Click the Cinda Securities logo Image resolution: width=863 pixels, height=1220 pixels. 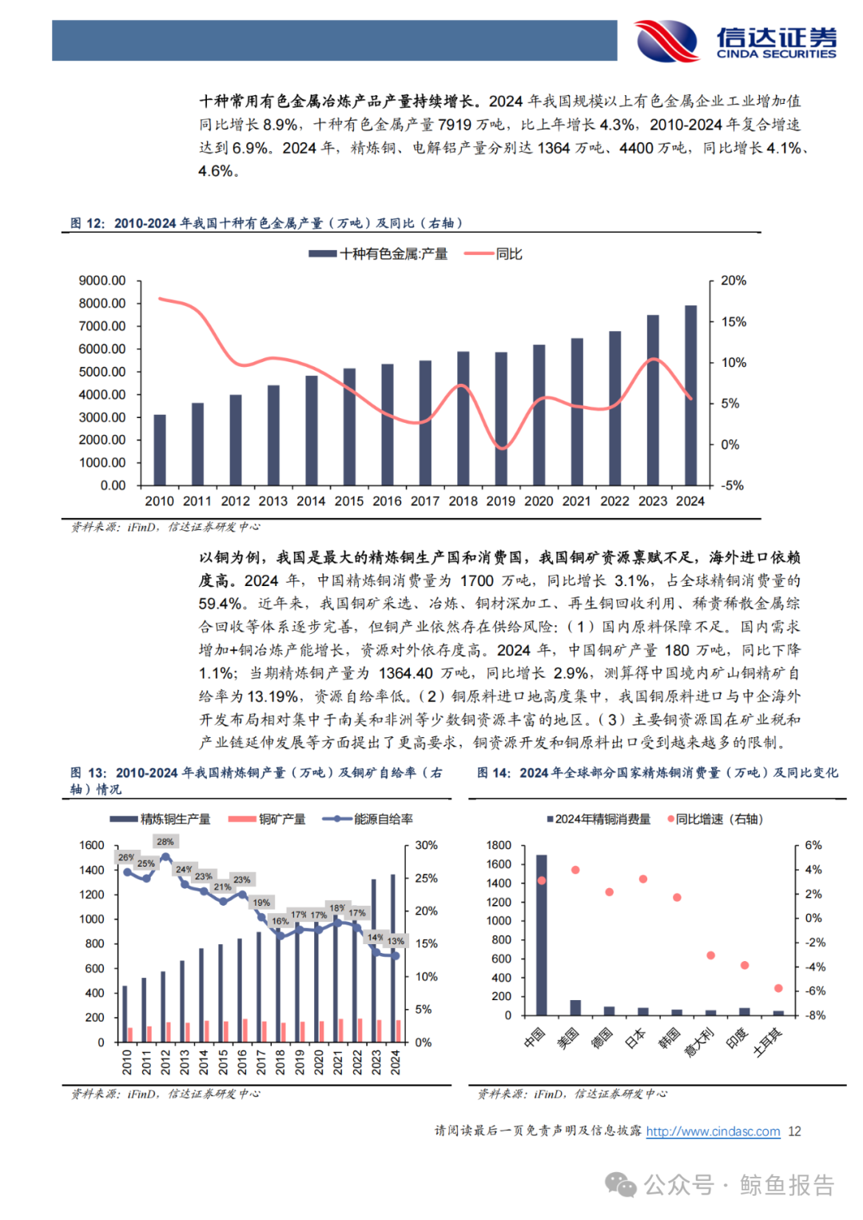click(x=735, y=41)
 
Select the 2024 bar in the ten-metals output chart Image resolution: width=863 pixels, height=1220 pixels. click(x=690, y=395)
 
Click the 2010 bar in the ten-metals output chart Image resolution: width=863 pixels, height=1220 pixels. click(x=160, y=449)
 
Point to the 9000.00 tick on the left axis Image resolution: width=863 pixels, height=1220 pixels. click(x=102, y=281)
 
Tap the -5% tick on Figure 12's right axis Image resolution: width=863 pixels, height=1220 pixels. click(x=732, y=485)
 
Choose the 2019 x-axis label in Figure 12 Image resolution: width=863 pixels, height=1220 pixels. click(x=501, y=501)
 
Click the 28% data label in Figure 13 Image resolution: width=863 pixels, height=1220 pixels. click(x=165, y=842)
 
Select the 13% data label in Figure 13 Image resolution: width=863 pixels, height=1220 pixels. click(x=396, y=941)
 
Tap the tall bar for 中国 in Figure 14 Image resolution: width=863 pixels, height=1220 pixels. click(x=542, y=935)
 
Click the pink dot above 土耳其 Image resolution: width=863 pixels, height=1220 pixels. click(x=778, y=988)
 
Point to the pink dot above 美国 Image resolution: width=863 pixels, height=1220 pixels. click(x=575, y=870)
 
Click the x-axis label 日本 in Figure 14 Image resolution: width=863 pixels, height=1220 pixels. click(x=636, y=1038)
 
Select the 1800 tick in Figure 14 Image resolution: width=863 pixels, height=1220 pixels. click(x=499, y=845)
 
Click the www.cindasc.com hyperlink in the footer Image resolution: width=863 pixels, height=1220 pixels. click(x=713, y=1131)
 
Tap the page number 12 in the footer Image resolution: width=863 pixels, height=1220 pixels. click(x=794, y=1131)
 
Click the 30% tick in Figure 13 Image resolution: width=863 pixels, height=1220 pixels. click(x=426, y=845)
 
